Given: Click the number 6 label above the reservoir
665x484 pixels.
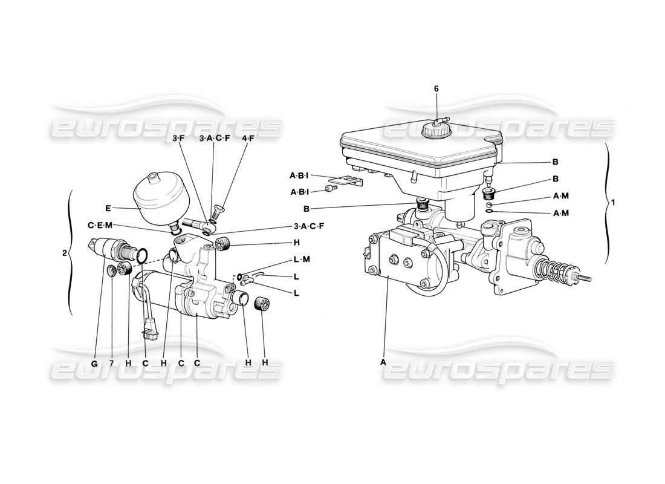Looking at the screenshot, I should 436,89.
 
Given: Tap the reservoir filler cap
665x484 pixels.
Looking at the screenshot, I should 434,128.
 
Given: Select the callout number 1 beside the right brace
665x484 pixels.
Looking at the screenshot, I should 613,203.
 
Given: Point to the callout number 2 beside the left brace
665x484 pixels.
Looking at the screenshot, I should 65,253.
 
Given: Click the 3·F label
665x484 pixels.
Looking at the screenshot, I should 178,139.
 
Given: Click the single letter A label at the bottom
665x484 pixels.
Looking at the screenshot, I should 382,362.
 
